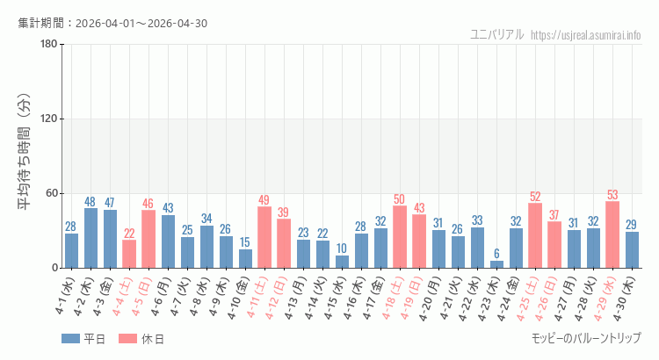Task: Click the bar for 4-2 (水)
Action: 91,238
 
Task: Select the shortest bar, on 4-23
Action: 496,264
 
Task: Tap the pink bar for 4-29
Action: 612,234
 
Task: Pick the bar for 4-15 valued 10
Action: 342,262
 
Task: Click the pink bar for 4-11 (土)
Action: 264,237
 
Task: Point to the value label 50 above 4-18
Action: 400,198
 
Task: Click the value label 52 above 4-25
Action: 535,196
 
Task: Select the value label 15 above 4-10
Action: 245,242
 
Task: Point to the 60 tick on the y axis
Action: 51,193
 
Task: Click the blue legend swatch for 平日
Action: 70,339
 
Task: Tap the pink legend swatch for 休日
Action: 127,339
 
